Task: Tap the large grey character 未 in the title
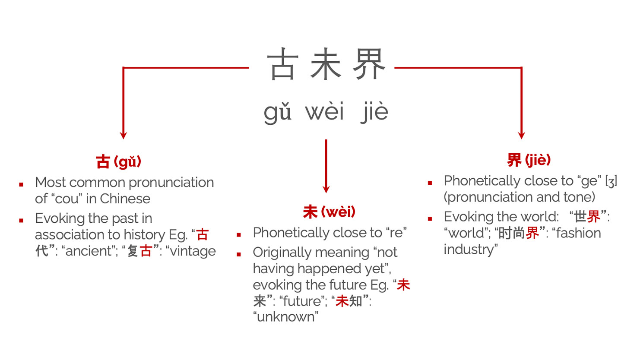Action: pos(326,63)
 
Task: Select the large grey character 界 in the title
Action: pos(369,63)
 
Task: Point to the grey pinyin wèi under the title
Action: pos(324,111)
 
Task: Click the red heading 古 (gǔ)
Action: pos(119,162)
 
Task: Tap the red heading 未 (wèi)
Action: pos(329,212)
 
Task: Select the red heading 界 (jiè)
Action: pos(529,160)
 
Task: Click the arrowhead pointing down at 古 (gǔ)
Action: pos(124,135)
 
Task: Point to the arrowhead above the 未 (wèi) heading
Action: pos(326,189)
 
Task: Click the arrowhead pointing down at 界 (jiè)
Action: pos(521,135)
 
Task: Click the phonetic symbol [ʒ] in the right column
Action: pos(611,181)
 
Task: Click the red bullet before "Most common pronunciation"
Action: pos(21,185)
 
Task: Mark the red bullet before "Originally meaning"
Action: pos(239,254)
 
